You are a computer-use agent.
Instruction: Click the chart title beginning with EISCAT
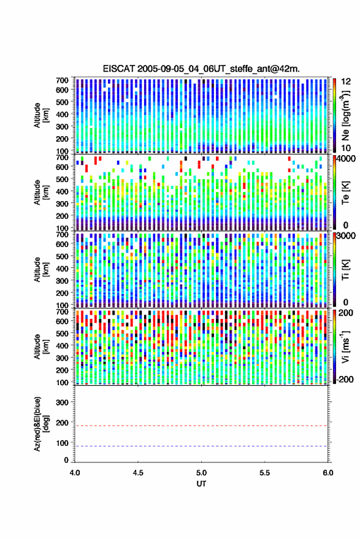[201, 69]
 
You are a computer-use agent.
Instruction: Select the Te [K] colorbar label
[345, 193]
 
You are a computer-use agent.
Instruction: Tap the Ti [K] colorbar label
[345, 270]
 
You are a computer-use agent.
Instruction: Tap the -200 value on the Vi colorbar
[345, 379]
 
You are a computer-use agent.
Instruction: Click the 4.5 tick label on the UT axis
[138, 473]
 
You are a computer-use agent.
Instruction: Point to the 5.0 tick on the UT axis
[201, 473]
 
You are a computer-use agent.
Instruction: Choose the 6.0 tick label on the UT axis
[327, 473]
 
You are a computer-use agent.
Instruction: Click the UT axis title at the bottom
[201, 484]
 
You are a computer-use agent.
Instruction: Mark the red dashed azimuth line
[201, 426]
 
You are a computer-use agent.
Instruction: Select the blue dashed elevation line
[201, 446]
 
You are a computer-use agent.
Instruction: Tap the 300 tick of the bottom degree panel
[62, 402]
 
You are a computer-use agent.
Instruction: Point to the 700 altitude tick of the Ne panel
[62, 80]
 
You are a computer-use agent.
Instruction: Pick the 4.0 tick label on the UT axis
[75, 473]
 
